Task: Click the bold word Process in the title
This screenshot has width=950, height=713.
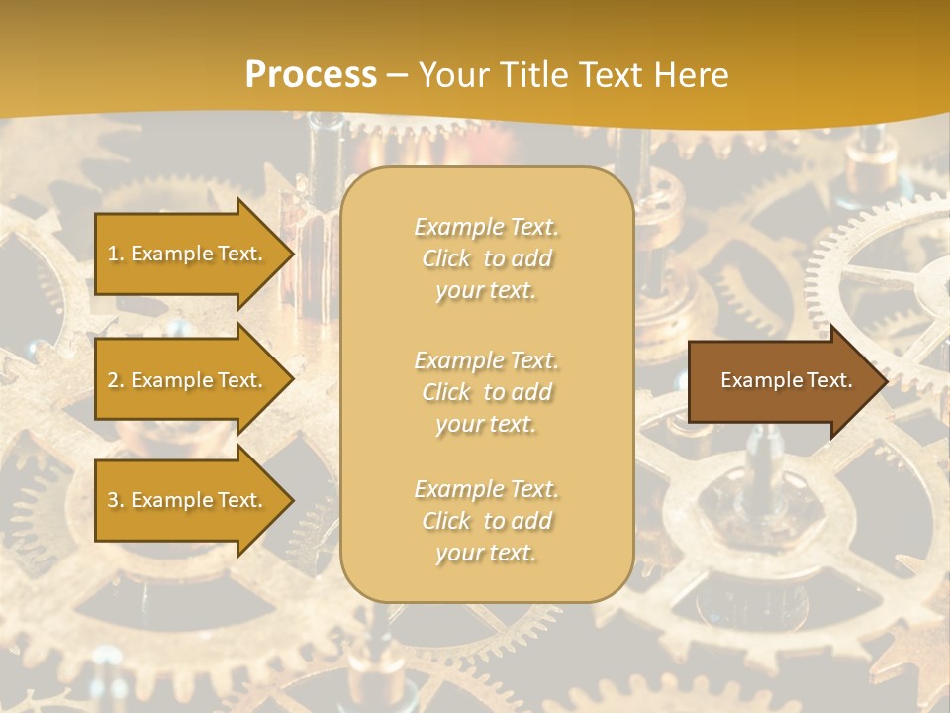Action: (x=311, y=75)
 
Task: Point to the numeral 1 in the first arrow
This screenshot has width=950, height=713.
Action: (x=112, y=254)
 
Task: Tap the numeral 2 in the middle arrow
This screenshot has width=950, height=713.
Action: (x=113, y=380)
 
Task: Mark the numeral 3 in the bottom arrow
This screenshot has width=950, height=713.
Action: (x=113, y=500)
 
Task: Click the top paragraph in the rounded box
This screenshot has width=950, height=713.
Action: (x=486, y=258)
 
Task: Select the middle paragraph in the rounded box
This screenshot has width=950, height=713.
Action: (x=486, y=391)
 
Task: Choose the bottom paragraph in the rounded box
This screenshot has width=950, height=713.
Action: (x=486, y=521)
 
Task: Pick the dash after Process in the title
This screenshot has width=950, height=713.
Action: (x=397, y=76)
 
